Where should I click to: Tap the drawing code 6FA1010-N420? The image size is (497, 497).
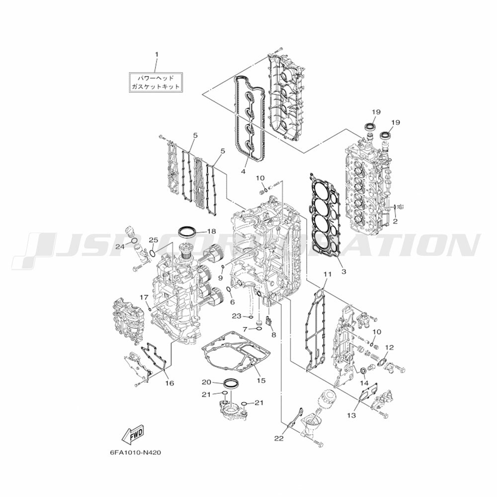[x=135, y=452]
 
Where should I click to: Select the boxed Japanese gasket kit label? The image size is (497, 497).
[x=156, y=82]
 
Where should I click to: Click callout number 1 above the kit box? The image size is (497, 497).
[x=156, y=55]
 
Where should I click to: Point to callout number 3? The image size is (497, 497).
[x=344, y=272]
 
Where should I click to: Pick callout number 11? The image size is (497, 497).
[x=328, y=274]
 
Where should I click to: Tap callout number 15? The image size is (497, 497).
[x=261, y=380]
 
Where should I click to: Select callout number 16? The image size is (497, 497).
[x=169, y=383]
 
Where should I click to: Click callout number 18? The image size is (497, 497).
[x=212, y=232]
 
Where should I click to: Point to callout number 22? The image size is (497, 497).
[x=279, y=439]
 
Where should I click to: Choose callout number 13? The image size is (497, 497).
[x=351, y=415]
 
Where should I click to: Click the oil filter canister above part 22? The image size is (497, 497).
[x=327, y=397]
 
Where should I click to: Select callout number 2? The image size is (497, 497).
[x=395, y=222]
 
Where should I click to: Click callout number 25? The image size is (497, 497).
[x=154, y=240]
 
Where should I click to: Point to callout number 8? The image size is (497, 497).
[x=273, y=334]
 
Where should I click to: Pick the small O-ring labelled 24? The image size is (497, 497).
[x=134, y=241]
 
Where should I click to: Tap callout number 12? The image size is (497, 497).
[x=390, y=348]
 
